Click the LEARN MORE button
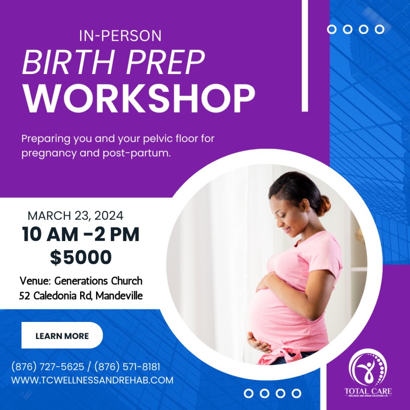coord(62,336)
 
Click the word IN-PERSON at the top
coord(121,36)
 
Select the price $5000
coord(81,257)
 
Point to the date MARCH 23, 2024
coord(76,216)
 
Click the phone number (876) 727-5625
coord(48,367)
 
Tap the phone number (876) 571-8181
coord(127,367)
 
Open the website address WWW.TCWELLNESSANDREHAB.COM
coord(92,380)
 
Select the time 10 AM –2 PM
coord(81,235)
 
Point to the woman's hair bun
coord(324,205)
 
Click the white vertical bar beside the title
coord(305,56)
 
